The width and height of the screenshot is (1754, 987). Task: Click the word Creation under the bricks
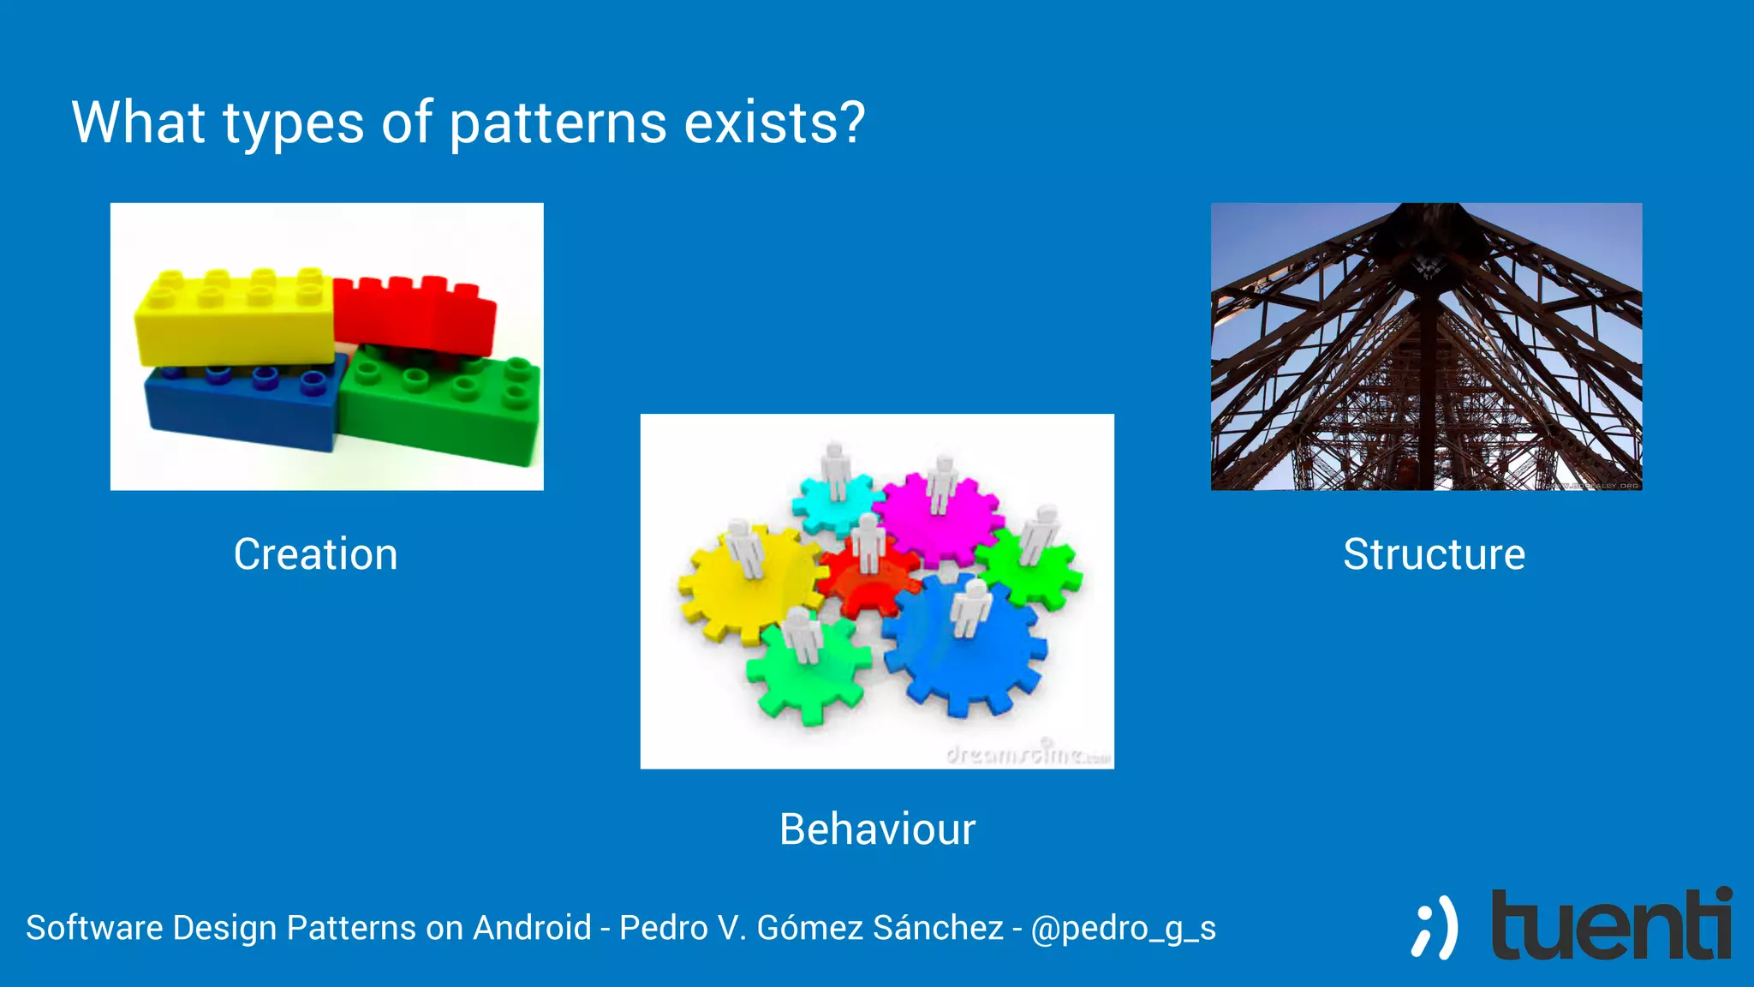[x=315, y=554]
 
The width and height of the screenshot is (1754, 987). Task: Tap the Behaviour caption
[x=877, y=829]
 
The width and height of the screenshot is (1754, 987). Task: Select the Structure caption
[x=1434, y=554]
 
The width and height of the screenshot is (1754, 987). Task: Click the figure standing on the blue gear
[x=970, y=608]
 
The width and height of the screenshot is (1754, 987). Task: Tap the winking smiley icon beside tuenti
[x=1435, y=927]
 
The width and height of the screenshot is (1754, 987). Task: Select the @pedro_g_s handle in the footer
[x=1123, y=928]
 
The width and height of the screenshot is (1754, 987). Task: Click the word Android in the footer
[x=532, y=928]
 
